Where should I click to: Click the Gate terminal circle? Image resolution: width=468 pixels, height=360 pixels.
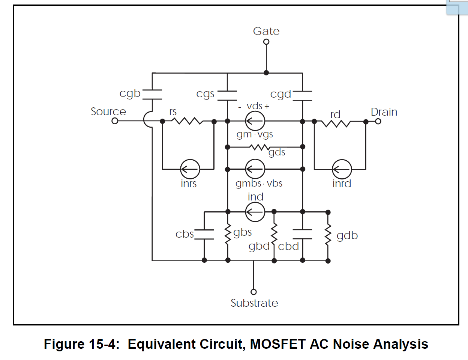click(x=266, y=42)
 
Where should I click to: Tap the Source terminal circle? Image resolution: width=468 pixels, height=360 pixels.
click(x=115, y=121)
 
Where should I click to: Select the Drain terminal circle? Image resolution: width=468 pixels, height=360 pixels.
click(x=378, y=121)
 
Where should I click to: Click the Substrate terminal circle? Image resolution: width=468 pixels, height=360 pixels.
click(x=253, y=292)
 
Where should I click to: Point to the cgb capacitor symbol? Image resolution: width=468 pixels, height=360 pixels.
click(x=152, y=95)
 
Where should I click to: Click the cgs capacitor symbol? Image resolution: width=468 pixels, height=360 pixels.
click(x=227, y=95)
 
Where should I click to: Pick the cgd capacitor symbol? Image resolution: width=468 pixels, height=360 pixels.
click(x=302, y=95)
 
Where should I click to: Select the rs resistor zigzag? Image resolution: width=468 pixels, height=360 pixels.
click(x=187, y=121)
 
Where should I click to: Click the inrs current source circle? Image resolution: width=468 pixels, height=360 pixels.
click(x=190, y=169)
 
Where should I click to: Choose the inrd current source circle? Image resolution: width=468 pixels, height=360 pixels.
click(x=342, y=169)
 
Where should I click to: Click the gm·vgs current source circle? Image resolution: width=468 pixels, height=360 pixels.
click(x=255, y=121)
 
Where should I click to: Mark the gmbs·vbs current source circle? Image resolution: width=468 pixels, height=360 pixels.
click(x=255, y=169)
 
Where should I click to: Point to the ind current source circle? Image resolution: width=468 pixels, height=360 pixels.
click(x=255, y=212)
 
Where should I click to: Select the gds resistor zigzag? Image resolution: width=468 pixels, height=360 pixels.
click(x=259, y=147)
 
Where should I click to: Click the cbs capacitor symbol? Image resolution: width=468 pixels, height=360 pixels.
click(x=204, y=234)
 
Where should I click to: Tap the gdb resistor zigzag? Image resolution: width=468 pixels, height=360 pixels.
click(x=328, y=235)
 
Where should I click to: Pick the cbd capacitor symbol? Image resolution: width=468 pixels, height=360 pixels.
click(x=302, y=234)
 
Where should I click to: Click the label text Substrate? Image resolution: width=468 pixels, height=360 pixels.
click(x=254, y=303)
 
